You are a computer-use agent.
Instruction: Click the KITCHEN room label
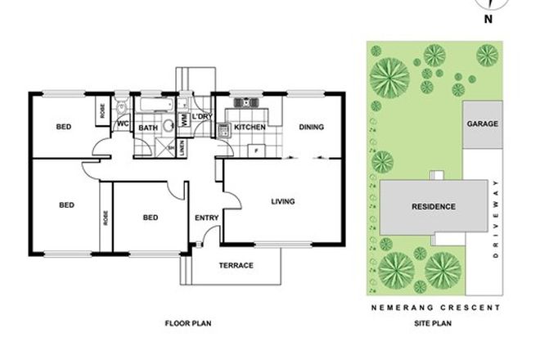(248, 128)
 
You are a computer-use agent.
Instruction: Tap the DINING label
(311, 127)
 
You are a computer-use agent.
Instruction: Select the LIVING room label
(283, 200)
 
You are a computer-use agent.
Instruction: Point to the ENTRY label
(206, 218)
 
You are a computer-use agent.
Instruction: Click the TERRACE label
(236, 265)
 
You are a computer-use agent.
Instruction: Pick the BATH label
(147, 128)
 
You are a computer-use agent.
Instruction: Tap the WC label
(124, 124)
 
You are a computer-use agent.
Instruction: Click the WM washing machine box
(185, 119)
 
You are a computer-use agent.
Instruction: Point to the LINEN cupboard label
(181, 148)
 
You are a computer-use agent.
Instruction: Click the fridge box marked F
(257, 151)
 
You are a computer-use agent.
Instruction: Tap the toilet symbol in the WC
(120, 106)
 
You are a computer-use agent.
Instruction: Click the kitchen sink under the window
(248, 103)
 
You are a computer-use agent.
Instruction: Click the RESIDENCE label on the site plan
(433, 206)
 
